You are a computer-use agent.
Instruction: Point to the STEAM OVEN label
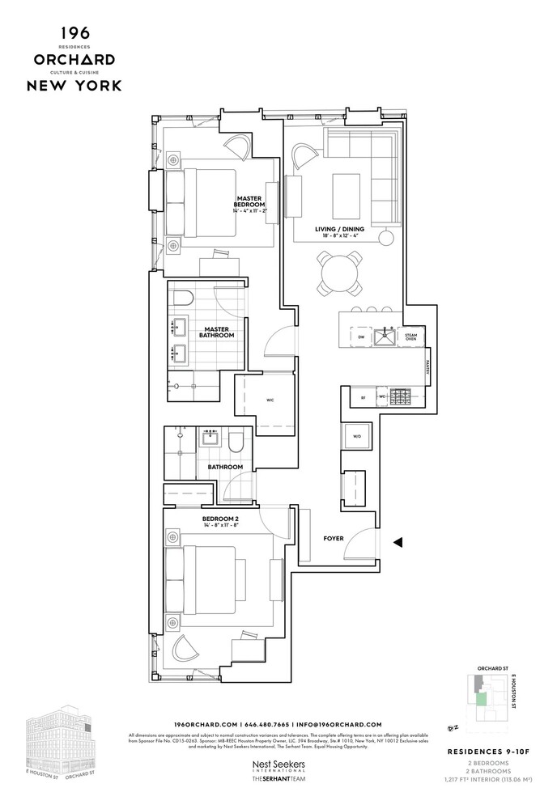click(x=410, y=336)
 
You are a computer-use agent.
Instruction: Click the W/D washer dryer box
click(x=356, y=438)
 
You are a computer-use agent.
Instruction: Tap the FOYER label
click(x=333, y=537)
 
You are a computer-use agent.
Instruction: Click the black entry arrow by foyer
click(x=398, y=544)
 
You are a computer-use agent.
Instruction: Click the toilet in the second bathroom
click(x=236, y=442)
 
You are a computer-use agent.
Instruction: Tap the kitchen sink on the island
click(x=383, y=337)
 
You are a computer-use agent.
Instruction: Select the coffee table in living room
click(x=347, y=190)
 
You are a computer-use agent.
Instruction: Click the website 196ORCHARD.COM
click(x=206, y=723)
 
